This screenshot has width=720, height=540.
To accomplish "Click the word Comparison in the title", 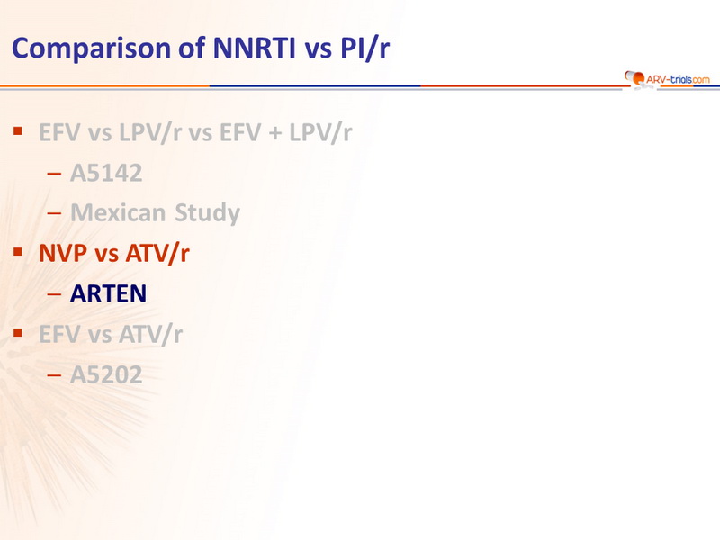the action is [92, 49].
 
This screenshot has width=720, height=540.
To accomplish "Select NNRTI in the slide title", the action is [254, 48].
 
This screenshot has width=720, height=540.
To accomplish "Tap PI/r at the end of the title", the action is [365, 48].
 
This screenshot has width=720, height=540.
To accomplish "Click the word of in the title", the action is [192, 48].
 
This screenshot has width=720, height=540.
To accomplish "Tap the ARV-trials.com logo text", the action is [678, 79].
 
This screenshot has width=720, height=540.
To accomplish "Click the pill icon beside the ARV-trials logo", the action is [634, 78].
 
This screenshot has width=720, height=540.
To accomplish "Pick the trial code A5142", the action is [106, 173].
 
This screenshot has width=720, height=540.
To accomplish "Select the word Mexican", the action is [118, 212].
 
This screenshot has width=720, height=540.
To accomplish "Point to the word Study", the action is [207, 213].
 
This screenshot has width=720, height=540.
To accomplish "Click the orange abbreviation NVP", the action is [63, 253].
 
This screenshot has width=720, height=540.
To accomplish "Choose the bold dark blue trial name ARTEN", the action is [108, 293].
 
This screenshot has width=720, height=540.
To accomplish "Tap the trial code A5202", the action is [106, 374].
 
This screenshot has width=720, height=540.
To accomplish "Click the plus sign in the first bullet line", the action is [275, 133].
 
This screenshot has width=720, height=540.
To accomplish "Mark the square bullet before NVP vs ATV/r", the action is [18, 252].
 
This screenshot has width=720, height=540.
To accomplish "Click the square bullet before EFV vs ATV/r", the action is [18, 332].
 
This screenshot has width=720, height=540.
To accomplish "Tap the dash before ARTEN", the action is [54, 294].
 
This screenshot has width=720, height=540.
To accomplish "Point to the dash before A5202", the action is [54, 375].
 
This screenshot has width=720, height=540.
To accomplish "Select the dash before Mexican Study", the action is [54, 213].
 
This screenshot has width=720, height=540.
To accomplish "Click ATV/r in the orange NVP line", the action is [157, 254].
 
